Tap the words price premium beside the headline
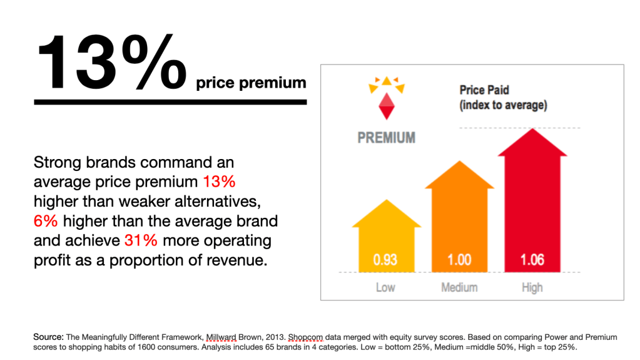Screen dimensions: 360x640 click(251, 83)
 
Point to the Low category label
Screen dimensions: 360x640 click(385, 288)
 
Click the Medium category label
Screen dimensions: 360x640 click(459, 288)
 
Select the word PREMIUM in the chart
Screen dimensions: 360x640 click(386, 137)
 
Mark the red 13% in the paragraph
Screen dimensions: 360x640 click(219, 183)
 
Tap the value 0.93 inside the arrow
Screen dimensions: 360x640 click(385, 259)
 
